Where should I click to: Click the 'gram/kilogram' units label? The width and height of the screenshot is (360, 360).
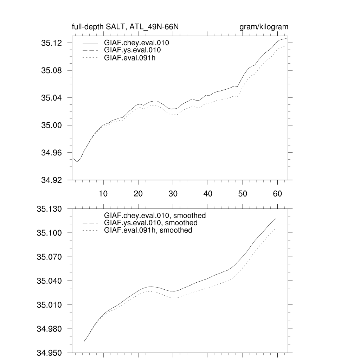tap(264, 27)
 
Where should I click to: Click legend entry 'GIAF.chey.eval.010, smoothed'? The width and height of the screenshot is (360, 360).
tap(155, 215)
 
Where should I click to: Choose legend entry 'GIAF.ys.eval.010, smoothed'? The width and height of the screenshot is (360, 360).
tap(150, 223)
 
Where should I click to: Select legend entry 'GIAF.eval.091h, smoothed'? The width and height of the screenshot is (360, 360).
tap(148, 230)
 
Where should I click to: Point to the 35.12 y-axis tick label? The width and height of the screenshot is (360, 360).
tap(52, 43)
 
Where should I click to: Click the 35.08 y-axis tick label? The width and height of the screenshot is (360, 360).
tap(52, 70)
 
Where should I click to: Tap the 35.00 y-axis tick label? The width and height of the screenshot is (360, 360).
tap(52, 125)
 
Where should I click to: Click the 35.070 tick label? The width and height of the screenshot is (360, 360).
tap(50, 257)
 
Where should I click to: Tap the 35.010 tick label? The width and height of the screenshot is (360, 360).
tap(50, 305)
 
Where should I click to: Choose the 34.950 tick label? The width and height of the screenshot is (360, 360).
tap(50, 353)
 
